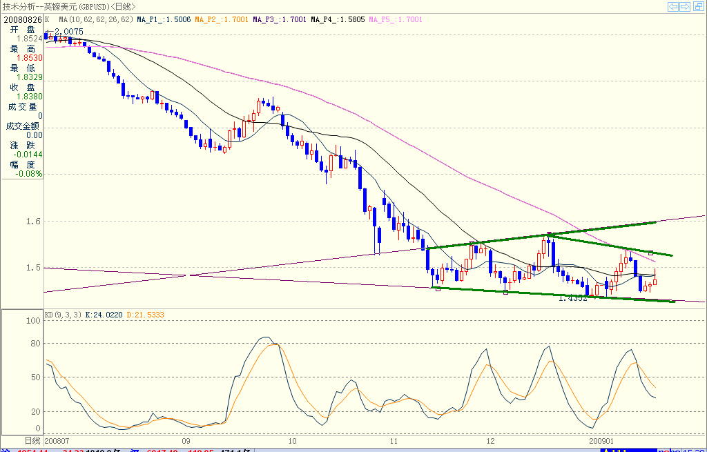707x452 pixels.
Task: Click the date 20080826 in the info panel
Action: click(22, 20)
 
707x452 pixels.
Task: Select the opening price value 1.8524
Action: click(30, 39)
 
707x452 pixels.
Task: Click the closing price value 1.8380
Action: click(30, 97)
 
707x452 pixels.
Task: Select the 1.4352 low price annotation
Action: click(573, 298)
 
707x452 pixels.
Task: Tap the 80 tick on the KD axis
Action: click(32, 343)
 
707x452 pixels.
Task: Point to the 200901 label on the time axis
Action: click(602, 440)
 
